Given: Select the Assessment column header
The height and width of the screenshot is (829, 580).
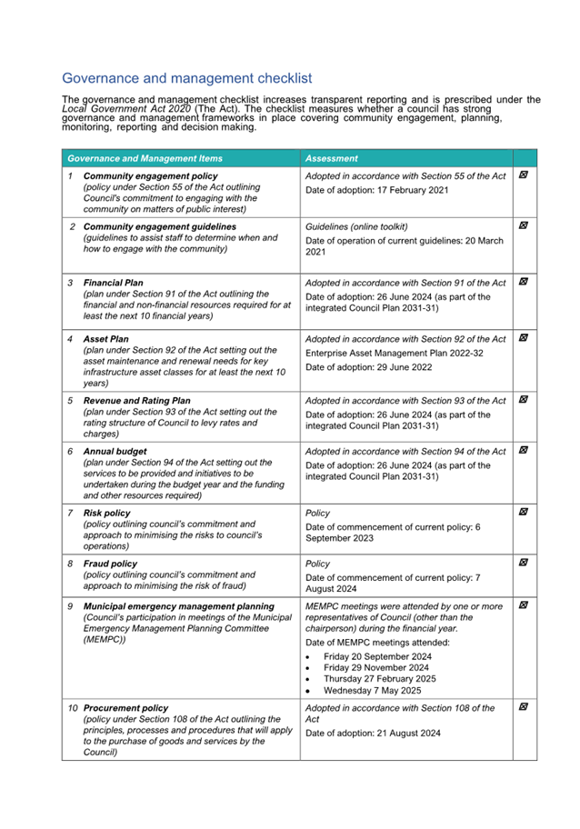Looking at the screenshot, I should pos(332,158).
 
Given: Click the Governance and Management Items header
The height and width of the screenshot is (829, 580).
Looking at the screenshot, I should pos(145,158).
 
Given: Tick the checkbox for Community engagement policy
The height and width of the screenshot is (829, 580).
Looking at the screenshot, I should pos(524,175).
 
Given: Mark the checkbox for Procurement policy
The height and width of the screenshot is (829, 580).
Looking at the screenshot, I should pos(524,706).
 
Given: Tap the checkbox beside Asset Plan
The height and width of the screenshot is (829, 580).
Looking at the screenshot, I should pos(524,338).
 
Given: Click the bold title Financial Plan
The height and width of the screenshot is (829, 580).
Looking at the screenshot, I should pos(113,283).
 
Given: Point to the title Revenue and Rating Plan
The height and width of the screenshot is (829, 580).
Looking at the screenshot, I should pos(136,400).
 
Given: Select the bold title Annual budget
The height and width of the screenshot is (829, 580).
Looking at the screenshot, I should pos(115,451).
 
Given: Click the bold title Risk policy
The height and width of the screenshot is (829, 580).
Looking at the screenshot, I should pos(107,513).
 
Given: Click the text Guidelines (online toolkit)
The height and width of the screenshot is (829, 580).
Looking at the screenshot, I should pos(356,226).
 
